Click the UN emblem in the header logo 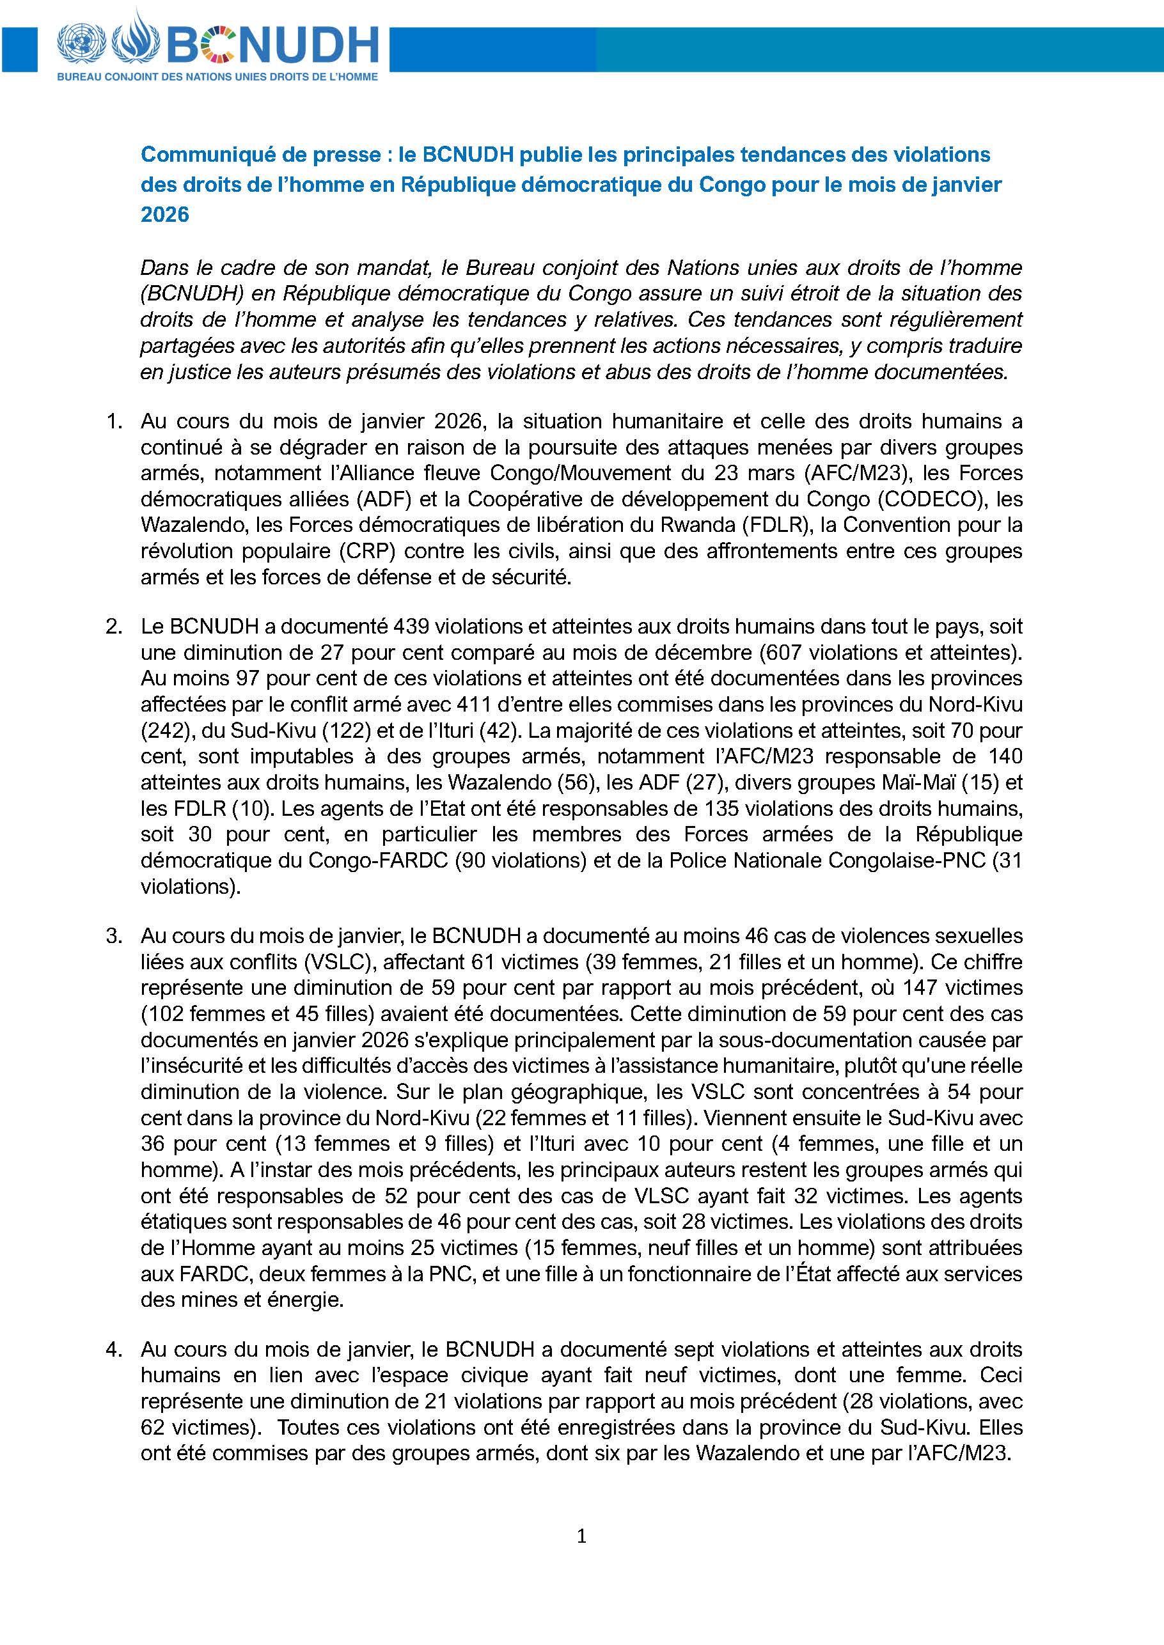[81, 42]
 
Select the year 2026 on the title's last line [165, 214]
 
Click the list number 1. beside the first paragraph [114, 421]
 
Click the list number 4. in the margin [114, 1349]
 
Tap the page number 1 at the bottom [581, 1536]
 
